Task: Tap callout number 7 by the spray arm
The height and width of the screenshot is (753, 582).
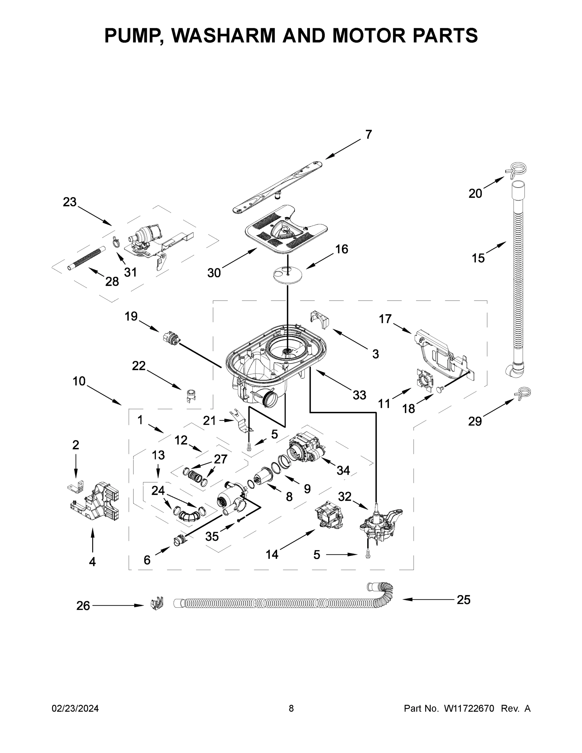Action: pos(369,135)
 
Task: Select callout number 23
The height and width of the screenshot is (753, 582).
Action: pos(70,202)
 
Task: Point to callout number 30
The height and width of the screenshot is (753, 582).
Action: pos(214,273)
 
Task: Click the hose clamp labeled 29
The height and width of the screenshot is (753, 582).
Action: pos(522,393)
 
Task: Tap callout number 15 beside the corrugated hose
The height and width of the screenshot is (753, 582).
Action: pos(478,258)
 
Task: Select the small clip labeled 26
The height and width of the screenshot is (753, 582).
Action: pos(157,603)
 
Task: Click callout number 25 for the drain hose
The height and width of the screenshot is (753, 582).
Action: pos(463,600)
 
